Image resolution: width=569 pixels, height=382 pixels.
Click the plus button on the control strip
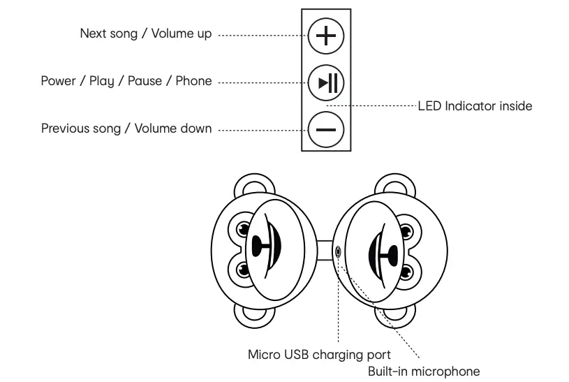(326, 35)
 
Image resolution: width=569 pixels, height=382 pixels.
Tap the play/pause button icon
(326, 82)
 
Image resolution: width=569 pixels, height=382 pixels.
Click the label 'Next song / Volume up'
(145, 34)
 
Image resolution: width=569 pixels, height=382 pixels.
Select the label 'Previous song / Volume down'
(126, 128)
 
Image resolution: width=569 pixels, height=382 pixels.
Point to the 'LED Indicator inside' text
(475, 106)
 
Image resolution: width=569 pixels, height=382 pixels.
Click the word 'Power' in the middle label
(58, 81)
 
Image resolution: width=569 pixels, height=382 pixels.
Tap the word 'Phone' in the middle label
(193, 81)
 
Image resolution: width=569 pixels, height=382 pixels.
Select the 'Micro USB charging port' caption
(319, 354)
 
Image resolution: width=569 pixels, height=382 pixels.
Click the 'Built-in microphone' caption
(424, 371)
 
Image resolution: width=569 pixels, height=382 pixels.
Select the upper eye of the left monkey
(243, 228)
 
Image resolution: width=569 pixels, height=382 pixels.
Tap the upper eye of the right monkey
(406, 228)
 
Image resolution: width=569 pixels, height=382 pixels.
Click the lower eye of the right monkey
(406, 271)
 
